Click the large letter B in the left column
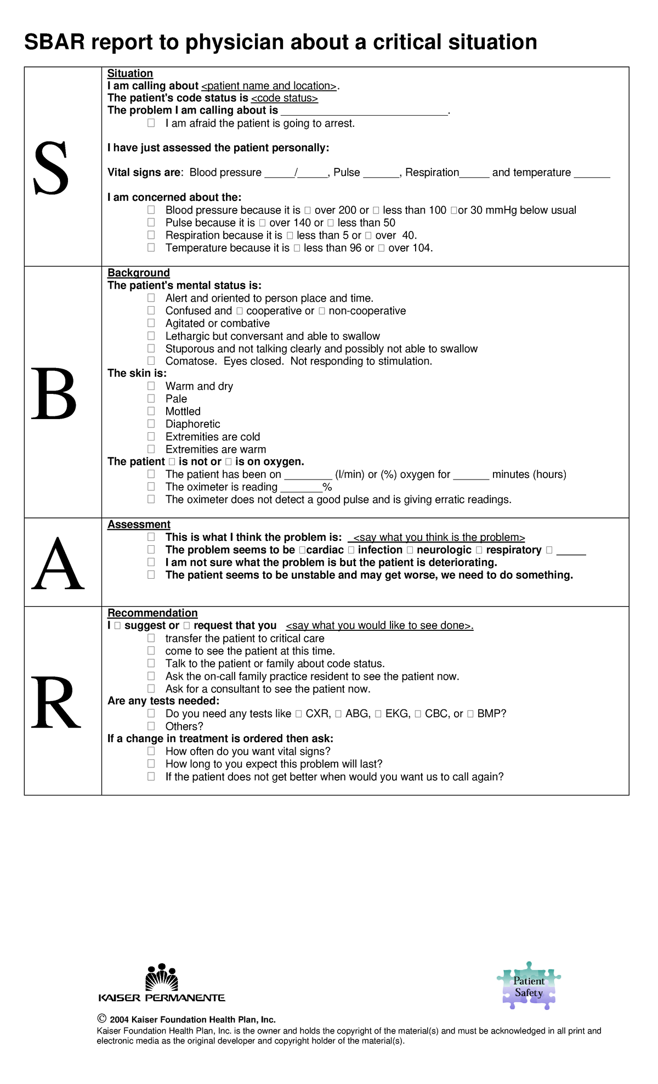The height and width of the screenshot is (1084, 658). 53,394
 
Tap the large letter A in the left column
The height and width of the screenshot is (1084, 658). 58,564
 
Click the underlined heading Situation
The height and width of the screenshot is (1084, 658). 130,74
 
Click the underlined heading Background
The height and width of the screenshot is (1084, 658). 138,273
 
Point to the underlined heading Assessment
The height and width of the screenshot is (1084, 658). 139,524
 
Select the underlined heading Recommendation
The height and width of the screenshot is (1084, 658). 152,613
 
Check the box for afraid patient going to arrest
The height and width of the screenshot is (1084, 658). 151,123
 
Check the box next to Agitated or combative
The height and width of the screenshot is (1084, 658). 151,323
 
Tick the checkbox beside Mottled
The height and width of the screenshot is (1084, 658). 151,411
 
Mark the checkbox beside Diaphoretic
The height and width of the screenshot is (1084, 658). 151,424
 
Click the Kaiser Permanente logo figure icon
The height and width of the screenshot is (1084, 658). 162,978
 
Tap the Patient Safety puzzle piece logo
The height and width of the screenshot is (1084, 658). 529,986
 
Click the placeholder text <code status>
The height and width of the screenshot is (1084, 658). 284,98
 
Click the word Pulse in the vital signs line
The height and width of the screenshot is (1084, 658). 347,172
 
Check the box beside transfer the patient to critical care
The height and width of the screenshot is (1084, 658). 151,638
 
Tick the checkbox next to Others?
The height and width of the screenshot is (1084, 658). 151,726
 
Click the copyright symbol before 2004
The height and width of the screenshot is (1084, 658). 101,1019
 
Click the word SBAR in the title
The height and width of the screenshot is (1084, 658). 54,42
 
